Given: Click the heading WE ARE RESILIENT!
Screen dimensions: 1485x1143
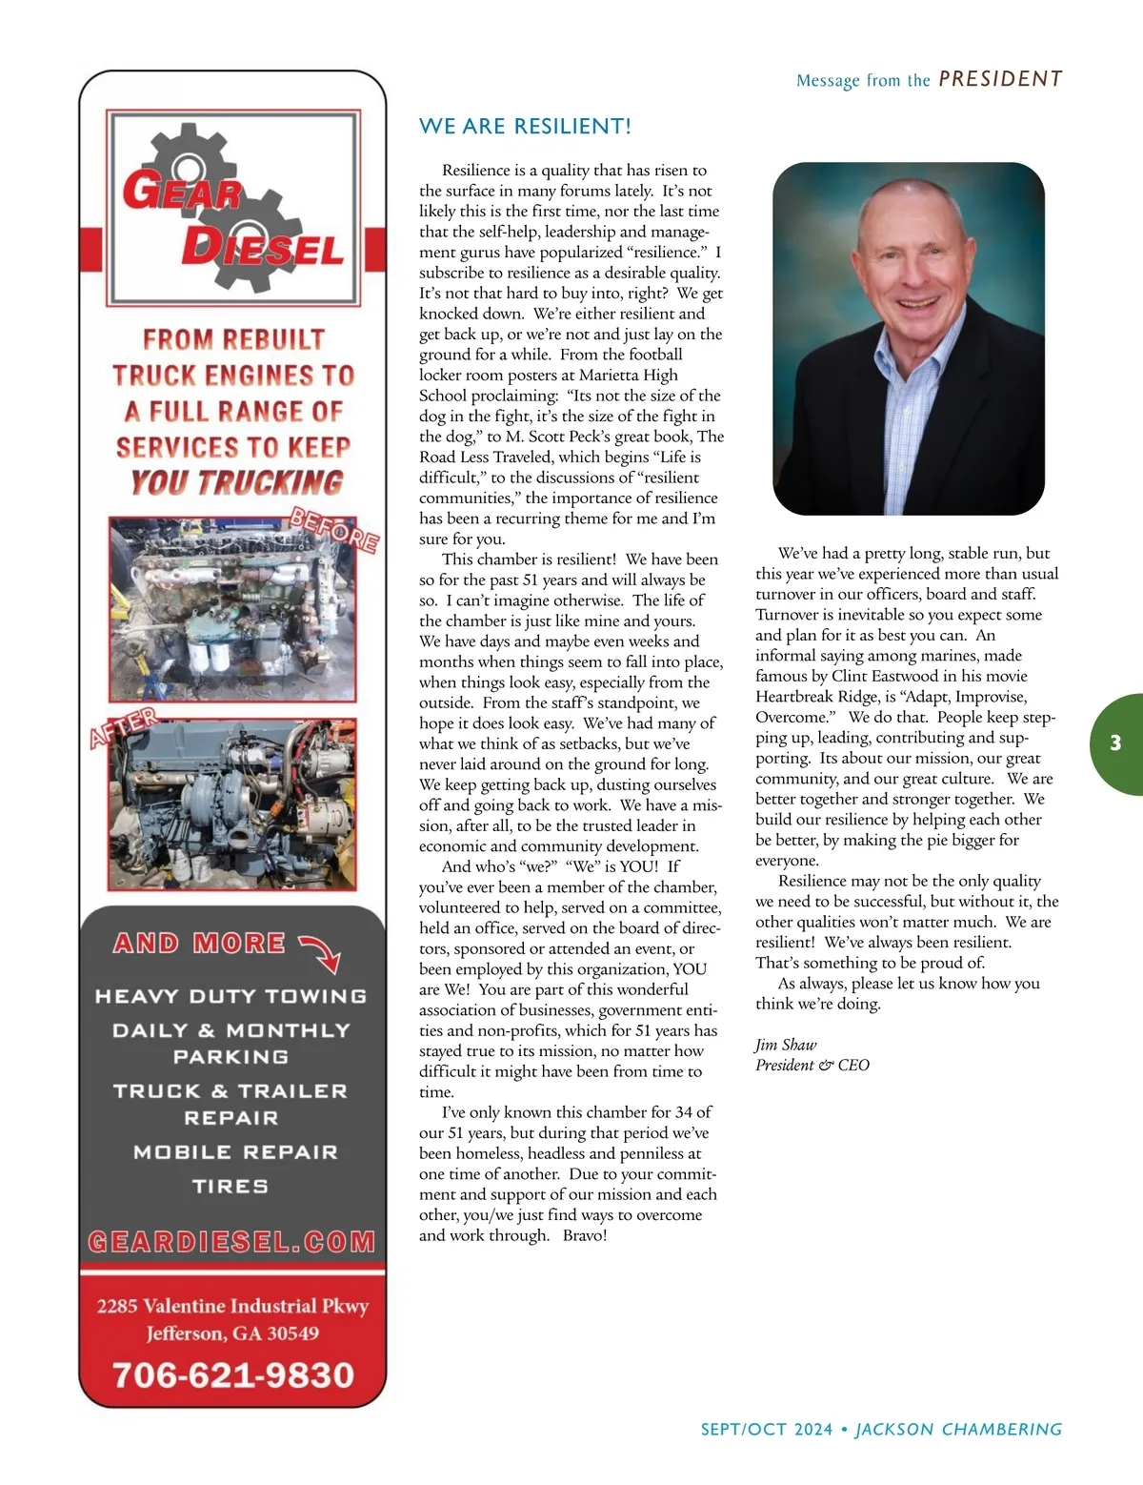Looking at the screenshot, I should [x=525, y=127].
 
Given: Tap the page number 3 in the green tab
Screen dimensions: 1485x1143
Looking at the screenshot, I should [x=1115, y=743].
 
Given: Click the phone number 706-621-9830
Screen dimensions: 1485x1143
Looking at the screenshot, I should [x=232, y=1374].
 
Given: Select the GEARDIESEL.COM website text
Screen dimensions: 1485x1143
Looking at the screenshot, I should [x=232, y=1241].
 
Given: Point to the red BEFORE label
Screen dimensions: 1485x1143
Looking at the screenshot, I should [x=334, y=530].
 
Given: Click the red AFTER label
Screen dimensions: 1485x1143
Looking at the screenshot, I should [x=124, y=727].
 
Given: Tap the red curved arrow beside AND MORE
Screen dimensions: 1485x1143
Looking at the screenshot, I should [x=321, y=951].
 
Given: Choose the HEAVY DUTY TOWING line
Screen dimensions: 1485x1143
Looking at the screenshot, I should [x=231, y=996].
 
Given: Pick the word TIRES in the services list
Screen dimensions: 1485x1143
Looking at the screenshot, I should [x=231, y=1187].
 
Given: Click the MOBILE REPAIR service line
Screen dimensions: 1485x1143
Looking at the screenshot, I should [x=235, y=1152].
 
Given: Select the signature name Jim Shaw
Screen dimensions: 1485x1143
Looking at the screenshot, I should [x=786, y=1045].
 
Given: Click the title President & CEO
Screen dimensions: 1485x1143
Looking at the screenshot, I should [x=812, y=1066].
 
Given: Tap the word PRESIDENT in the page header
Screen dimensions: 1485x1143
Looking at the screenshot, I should [x=1000, y=79].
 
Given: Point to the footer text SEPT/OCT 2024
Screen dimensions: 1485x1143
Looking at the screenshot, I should [x=767, y=1429].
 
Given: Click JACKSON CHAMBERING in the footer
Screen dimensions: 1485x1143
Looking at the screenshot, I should [x=958, y=1429].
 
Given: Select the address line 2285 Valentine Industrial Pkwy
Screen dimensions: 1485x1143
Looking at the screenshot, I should [x=232, y=1306].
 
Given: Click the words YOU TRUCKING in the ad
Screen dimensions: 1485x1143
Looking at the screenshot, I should [x=237, y=482].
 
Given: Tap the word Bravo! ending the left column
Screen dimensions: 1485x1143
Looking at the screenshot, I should [x=585, y=1235].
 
